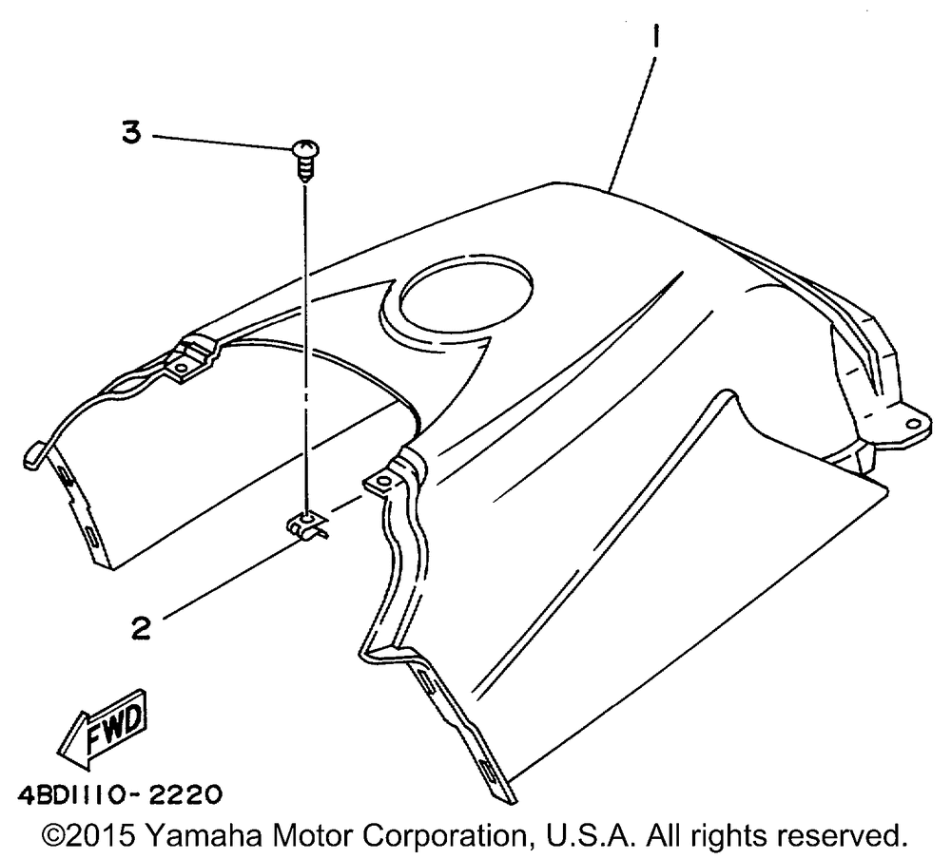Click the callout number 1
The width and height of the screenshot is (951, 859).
(657, 41)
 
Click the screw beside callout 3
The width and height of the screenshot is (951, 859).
(305, 158)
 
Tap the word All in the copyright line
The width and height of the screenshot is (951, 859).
(670, 834)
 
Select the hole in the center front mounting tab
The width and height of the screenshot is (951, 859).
(382, 483)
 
